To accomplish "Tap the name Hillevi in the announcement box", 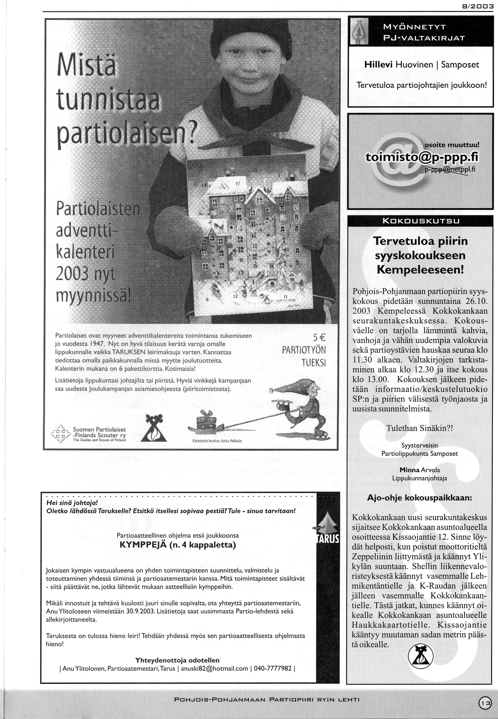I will pyautogui.click(x=379, y=65).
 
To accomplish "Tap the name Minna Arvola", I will pyautogui.click(x=420, y=470).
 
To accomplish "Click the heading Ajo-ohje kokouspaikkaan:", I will pyautogui.click(x=420, y=498).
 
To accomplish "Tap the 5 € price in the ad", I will pyautogui.click(x=319, y=338).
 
